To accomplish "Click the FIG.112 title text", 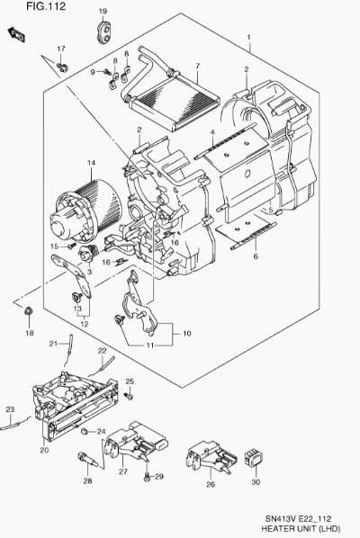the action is [46, 6].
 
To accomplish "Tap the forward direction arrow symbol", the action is [16, 34].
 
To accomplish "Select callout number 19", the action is [103, 12].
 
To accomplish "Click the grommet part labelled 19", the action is [103, 32].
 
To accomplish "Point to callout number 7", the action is [197, 66].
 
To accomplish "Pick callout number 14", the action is [91, 163].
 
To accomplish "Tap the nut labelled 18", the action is [28, 311].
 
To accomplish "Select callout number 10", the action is [186, 333].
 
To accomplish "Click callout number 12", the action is [84, 324].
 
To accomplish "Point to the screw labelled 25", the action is [130, 396].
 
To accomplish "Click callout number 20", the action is [44, 450].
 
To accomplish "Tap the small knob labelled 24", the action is [84, 431].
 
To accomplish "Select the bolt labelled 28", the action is [87, 460].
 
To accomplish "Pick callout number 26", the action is [211, 484].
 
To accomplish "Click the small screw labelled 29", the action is [148, 477].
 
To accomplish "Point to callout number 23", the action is [10, 409].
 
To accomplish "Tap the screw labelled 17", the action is [62, 66].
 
